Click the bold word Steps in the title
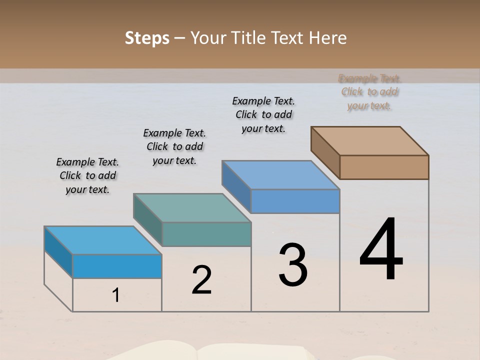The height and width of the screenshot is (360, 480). [x=147, y=38]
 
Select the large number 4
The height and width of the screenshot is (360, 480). [x=381, y=249]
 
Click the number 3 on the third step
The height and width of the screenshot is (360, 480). [x=293, y=265]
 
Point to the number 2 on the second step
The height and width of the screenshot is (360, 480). [x=202, y=280]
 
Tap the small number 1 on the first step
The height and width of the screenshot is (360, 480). [x=116, y=295]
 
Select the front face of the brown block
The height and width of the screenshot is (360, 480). [x=384, y=167]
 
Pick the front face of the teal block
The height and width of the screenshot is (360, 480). [x=206, y=234]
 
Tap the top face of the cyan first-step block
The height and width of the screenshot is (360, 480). [x=103, y=240]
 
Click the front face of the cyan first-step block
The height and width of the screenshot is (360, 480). [x=117, y=266]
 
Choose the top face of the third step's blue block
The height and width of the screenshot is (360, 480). [x=280, y=175]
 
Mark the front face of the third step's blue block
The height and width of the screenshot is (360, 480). [x=295, y=201]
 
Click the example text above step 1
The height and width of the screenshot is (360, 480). [x=87, y=176]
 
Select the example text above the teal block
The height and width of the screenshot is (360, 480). [x=174, y=146]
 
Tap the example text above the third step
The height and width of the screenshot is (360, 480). [x=263, y=114]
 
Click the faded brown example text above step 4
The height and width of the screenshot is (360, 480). [x=369, y=92]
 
